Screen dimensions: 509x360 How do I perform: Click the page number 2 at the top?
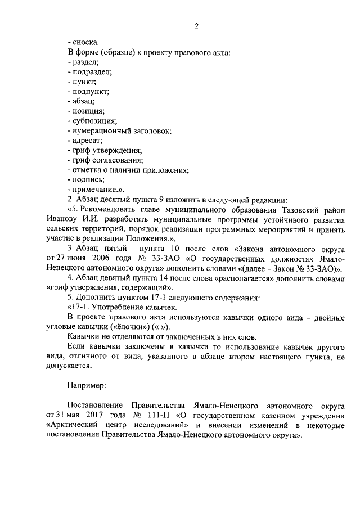(197, 25)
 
